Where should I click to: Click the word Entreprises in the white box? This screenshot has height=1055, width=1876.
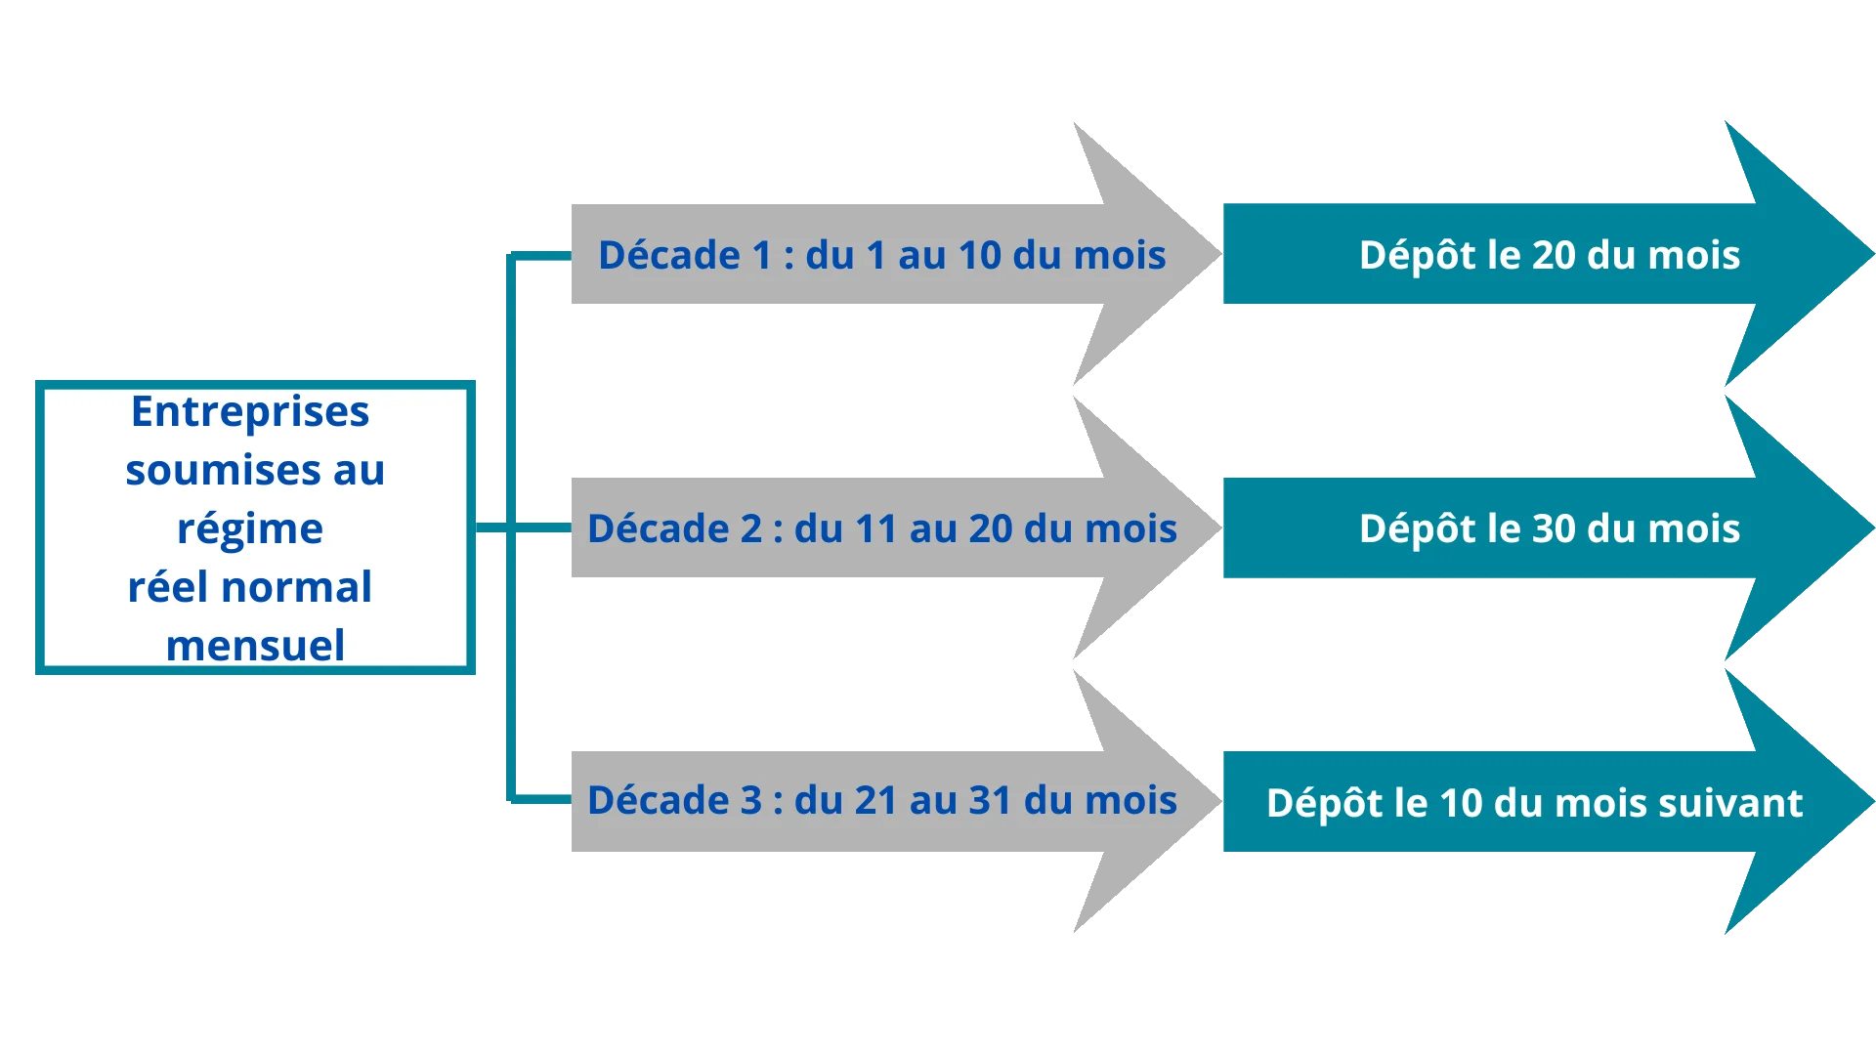[x=250, y=412]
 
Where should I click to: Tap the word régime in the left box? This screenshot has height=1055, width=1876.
[x=250, y=529]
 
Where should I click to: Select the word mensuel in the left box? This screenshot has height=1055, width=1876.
[x=255, y=646]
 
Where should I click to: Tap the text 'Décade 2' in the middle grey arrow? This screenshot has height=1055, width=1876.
[x=675, y=528]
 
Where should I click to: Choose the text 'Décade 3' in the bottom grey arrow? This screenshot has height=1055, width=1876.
[x=675, y=800]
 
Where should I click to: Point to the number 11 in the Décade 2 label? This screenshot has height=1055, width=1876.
[x=875, y=528]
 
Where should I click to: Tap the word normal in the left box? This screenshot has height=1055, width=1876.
[x=296, y=588]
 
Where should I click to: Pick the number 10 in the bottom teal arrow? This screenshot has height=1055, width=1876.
[x=1461, y=803]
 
